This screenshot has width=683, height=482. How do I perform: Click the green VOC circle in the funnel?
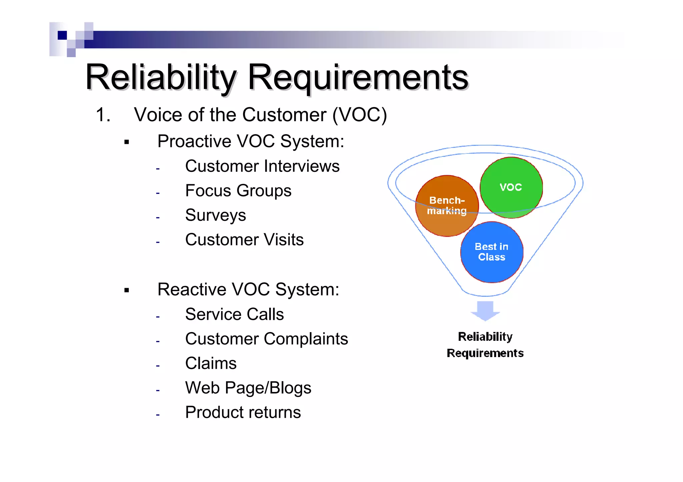511,187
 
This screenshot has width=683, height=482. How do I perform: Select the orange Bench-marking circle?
447,206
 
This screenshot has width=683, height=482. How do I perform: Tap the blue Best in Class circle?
492,252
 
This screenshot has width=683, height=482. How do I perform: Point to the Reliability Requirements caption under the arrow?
485,345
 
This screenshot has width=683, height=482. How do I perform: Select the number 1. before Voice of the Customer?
103,115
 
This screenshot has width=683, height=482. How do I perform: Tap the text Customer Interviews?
262,166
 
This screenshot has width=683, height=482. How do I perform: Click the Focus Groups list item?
238,191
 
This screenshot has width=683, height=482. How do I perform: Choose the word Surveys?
215,215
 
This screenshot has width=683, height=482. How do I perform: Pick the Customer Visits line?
244,240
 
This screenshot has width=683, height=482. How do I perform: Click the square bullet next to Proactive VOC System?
126,142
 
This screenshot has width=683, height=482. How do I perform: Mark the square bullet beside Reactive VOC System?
126,290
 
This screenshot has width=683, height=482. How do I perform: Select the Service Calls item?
234,314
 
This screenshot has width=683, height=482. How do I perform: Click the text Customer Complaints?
266,339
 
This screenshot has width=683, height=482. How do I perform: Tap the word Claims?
211,363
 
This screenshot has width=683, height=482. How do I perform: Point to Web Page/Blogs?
248,388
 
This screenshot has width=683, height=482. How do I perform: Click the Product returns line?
243,412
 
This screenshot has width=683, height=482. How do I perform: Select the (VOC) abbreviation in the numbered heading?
360,115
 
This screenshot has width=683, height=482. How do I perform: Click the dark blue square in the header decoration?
62,35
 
